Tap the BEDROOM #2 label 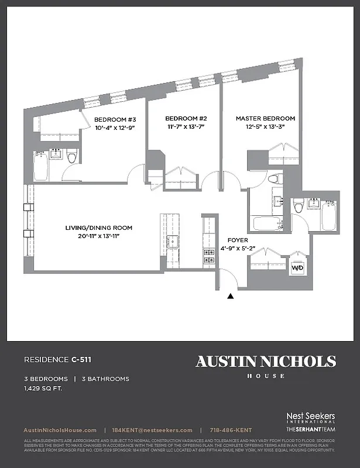click(186, 118)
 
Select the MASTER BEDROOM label click(265, 118)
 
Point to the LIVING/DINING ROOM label click(98, 228)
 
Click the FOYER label click(238, 240)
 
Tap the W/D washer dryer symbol click(298, 269)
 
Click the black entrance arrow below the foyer click(231, 297)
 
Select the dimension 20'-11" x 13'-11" click(98, 236)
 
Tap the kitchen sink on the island click(172, 240)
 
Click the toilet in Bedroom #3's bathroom click(72, 157)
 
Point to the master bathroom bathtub click(266, 224)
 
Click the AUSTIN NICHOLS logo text click(266, 361)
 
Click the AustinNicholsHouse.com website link click(60, 430)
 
